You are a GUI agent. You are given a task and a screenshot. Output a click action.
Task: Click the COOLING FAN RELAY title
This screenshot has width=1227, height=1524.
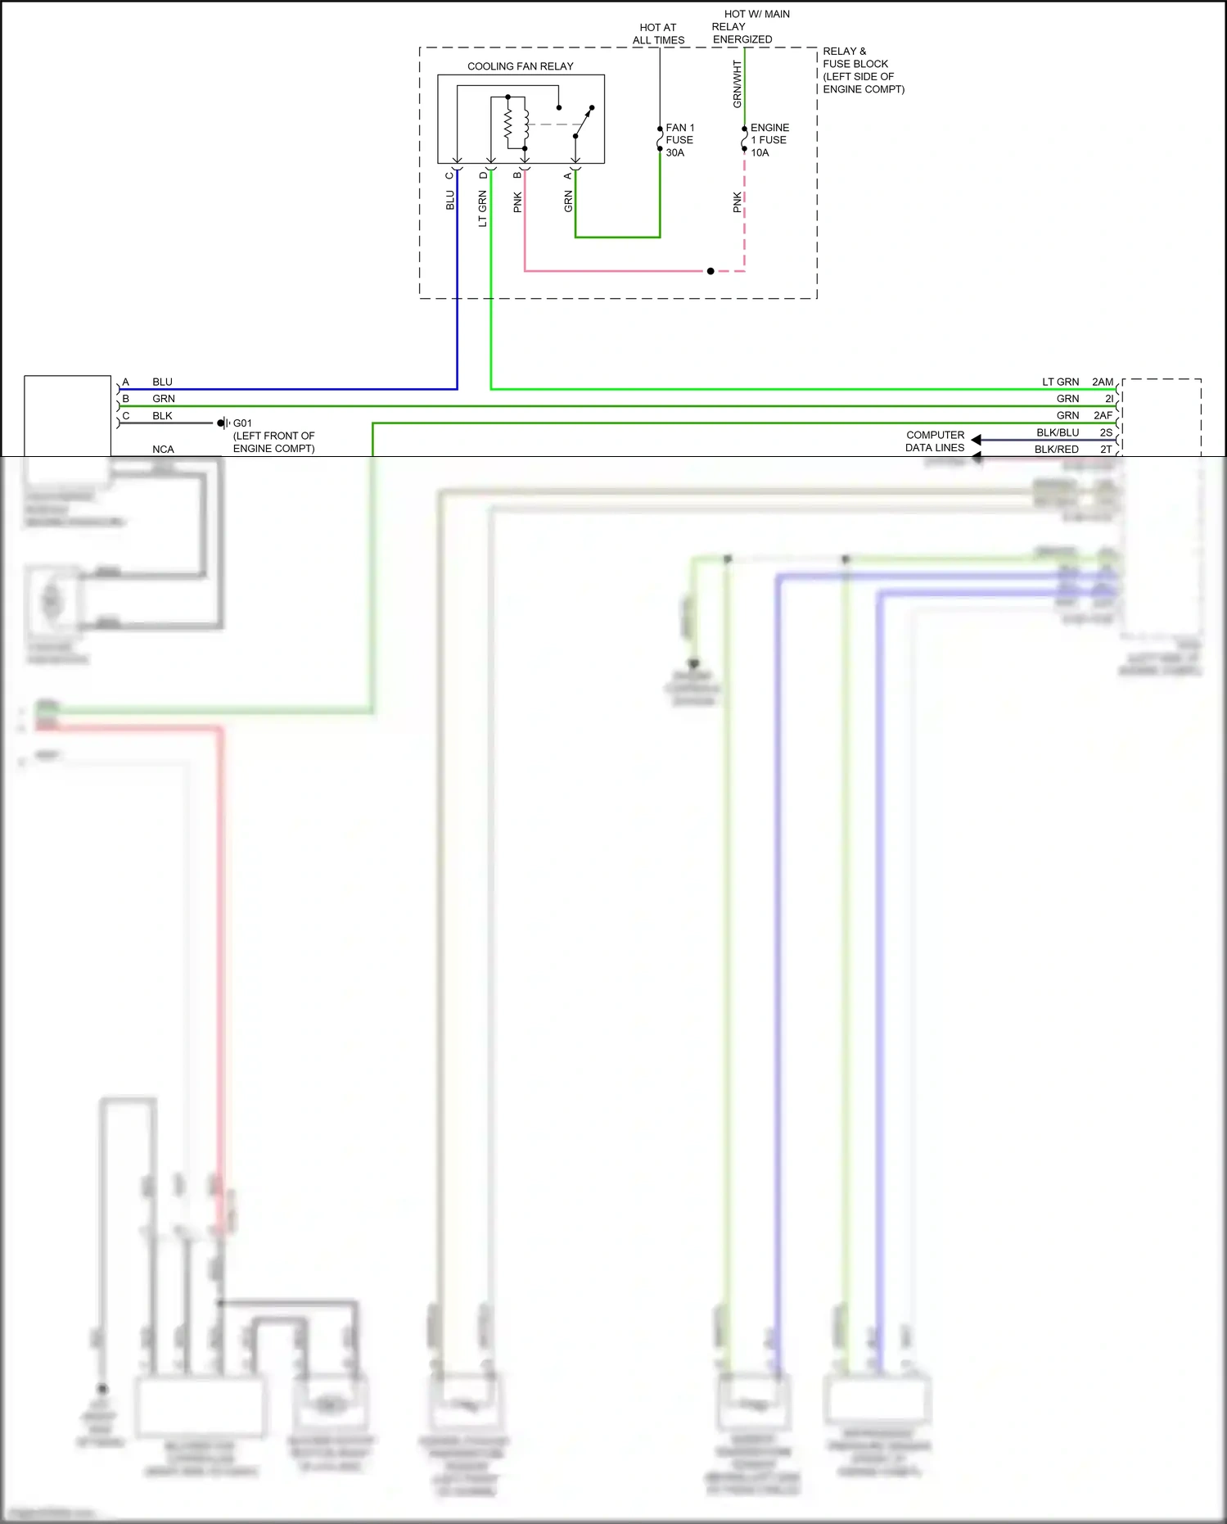pos(520,66)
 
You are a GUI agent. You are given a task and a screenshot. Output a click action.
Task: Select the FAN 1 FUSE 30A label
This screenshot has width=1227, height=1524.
pos(679,140)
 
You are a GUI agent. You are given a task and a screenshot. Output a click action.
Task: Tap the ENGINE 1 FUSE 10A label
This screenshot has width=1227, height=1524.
pos(769,140)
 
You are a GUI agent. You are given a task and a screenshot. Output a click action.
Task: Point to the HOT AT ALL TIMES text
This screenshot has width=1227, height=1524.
pos(658,34)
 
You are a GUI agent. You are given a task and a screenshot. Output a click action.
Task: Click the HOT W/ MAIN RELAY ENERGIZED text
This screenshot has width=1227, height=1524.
pos(749,26)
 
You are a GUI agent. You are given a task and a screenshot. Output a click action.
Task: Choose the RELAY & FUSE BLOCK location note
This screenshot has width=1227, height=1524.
pos(863,70)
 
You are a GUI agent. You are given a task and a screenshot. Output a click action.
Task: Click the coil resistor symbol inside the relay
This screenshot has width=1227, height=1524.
pos(507,124)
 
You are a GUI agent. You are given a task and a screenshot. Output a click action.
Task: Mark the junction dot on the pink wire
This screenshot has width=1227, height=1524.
pos(710,271)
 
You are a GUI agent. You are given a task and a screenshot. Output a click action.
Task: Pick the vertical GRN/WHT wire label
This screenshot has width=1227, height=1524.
pos(737,84)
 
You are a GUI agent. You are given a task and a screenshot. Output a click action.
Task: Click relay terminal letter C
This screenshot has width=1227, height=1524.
pos(449,175)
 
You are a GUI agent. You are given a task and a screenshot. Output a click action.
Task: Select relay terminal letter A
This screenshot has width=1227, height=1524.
pos(567,175)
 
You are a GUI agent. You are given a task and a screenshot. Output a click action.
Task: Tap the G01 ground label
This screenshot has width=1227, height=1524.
pos(242,423)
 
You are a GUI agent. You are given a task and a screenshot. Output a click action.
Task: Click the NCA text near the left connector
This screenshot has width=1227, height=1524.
pos(163,449)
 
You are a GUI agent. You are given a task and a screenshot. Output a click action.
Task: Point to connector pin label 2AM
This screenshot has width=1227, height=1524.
pos(1103,382)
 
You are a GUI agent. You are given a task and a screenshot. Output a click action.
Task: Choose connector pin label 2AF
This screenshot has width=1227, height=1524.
pos(1103,415)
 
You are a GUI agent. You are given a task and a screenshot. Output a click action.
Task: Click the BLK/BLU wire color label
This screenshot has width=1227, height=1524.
pos(1058,432)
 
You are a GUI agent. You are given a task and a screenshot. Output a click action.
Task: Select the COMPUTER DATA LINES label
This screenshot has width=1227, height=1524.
pos(935,441)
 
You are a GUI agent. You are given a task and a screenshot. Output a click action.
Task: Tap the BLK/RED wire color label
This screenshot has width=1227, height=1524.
pos(1056,449)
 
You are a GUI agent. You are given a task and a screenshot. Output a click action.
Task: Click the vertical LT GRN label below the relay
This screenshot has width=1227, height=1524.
pos(482,209)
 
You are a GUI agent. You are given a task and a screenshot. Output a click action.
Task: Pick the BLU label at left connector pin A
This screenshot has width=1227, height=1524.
pos(162,382)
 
